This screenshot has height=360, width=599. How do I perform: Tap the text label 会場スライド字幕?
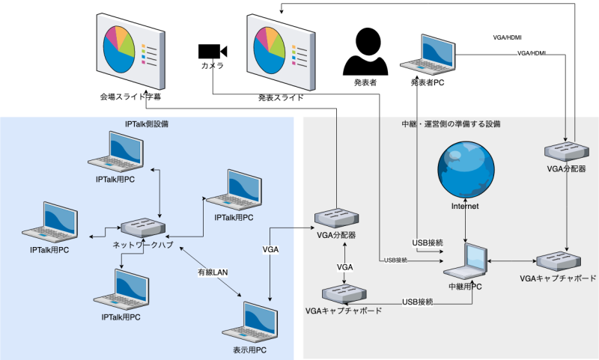(x=131, y=97)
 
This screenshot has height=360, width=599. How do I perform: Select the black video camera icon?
(x=212, y=51)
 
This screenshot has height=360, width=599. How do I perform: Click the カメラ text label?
(x=212, y=67)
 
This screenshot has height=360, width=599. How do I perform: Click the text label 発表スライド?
(x=281, y=97)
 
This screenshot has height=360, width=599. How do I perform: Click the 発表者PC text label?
(x=428, y=82)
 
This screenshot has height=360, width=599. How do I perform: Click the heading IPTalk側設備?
(x=146, y=123)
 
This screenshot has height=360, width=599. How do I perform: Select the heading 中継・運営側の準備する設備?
(x=451, y=123)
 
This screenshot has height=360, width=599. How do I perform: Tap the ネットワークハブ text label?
(x=144, y=245)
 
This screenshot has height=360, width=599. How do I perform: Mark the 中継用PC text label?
(x=465, y=285)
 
